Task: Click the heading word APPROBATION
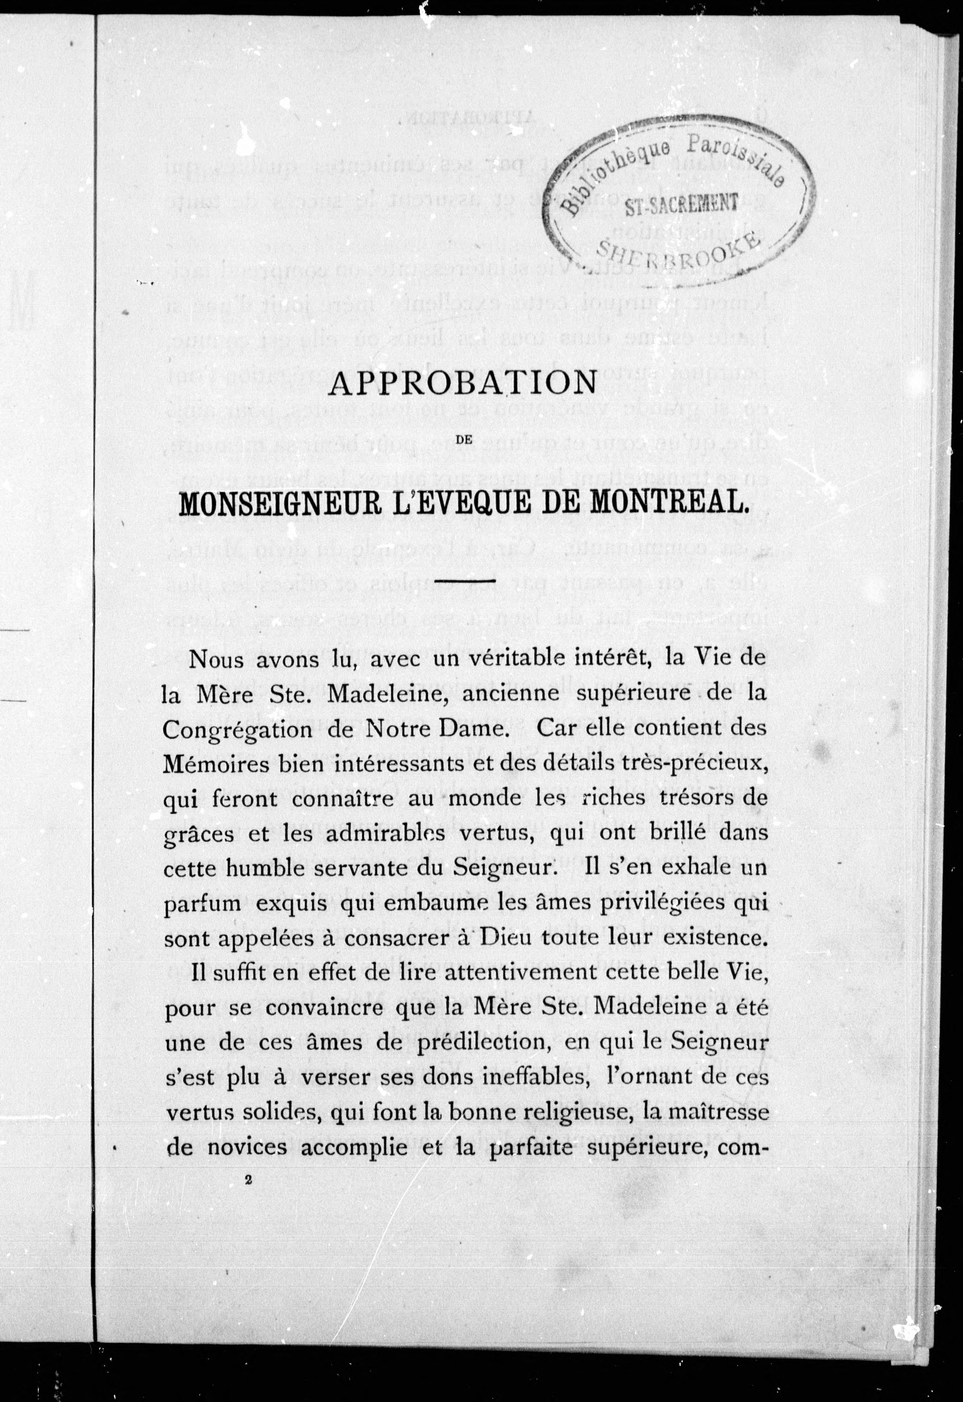(462, 384)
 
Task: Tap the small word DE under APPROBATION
(463, 441)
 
